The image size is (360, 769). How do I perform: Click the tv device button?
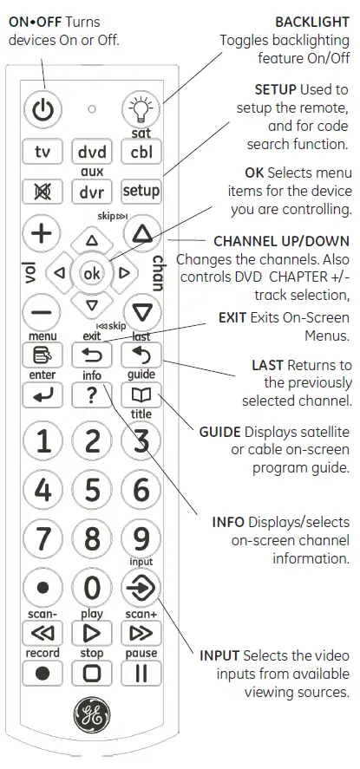click(43, 153)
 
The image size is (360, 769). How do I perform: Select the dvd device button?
click(92, 153)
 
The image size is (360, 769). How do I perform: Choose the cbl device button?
click(141, 153)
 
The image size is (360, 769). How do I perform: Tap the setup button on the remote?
click(141, 191)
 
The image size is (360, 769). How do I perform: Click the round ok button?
click(91, 272)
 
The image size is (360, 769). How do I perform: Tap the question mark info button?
click(92, 394)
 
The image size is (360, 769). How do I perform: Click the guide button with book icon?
click(141, 394)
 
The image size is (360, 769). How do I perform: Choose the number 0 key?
click(92, 589)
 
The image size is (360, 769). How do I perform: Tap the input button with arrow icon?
click(141, 589)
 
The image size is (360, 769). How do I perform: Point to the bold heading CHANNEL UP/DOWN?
click(282, 241)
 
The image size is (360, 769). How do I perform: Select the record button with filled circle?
click(43, 673)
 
